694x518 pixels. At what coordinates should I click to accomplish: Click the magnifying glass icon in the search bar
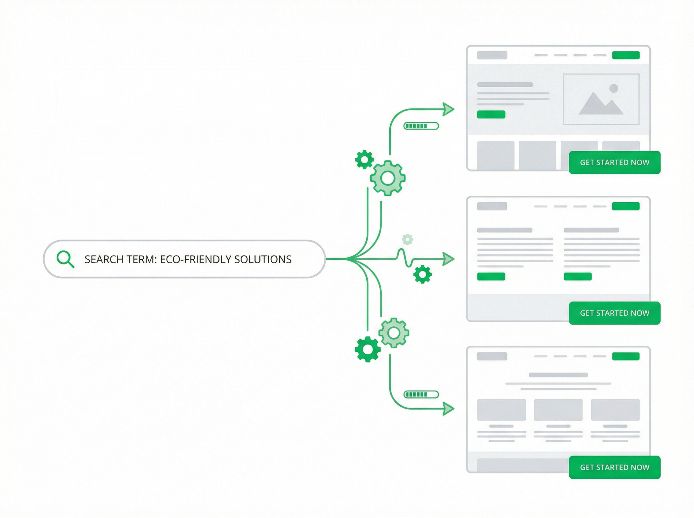(x=65, y=259)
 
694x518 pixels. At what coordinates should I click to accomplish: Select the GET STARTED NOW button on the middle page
(x=614, y=313)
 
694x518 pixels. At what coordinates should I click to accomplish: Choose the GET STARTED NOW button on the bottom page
(x=614, y=467)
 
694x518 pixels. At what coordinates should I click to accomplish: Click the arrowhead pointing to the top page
(x=448, y=109)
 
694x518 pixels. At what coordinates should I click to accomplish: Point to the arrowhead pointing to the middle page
(x=448, y=259)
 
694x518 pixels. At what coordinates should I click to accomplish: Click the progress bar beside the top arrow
(x=421, y=126)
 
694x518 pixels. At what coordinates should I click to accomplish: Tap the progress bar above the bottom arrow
(x=421, y=394)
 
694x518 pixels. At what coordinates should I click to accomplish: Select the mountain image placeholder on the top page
(x=601, y=99)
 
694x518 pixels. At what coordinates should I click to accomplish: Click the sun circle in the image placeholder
(x=613, y=88)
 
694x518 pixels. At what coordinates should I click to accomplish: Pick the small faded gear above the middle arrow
(x=407, y=239)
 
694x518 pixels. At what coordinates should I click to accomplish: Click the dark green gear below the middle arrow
(x=422, y=274)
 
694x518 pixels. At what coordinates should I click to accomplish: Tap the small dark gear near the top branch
(x=364, y=160)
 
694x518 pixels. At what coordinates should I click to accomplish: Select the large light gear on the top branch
(x=387, y=178)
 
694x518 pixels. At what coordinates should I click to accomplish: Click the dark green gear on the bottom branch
(x=368, y=349)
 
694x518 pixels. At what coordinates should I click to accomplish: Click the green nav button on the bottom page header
(x=626, y=356)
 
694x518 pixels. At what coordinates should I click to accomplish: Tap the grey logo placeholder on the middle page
(x=492, y=206)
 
